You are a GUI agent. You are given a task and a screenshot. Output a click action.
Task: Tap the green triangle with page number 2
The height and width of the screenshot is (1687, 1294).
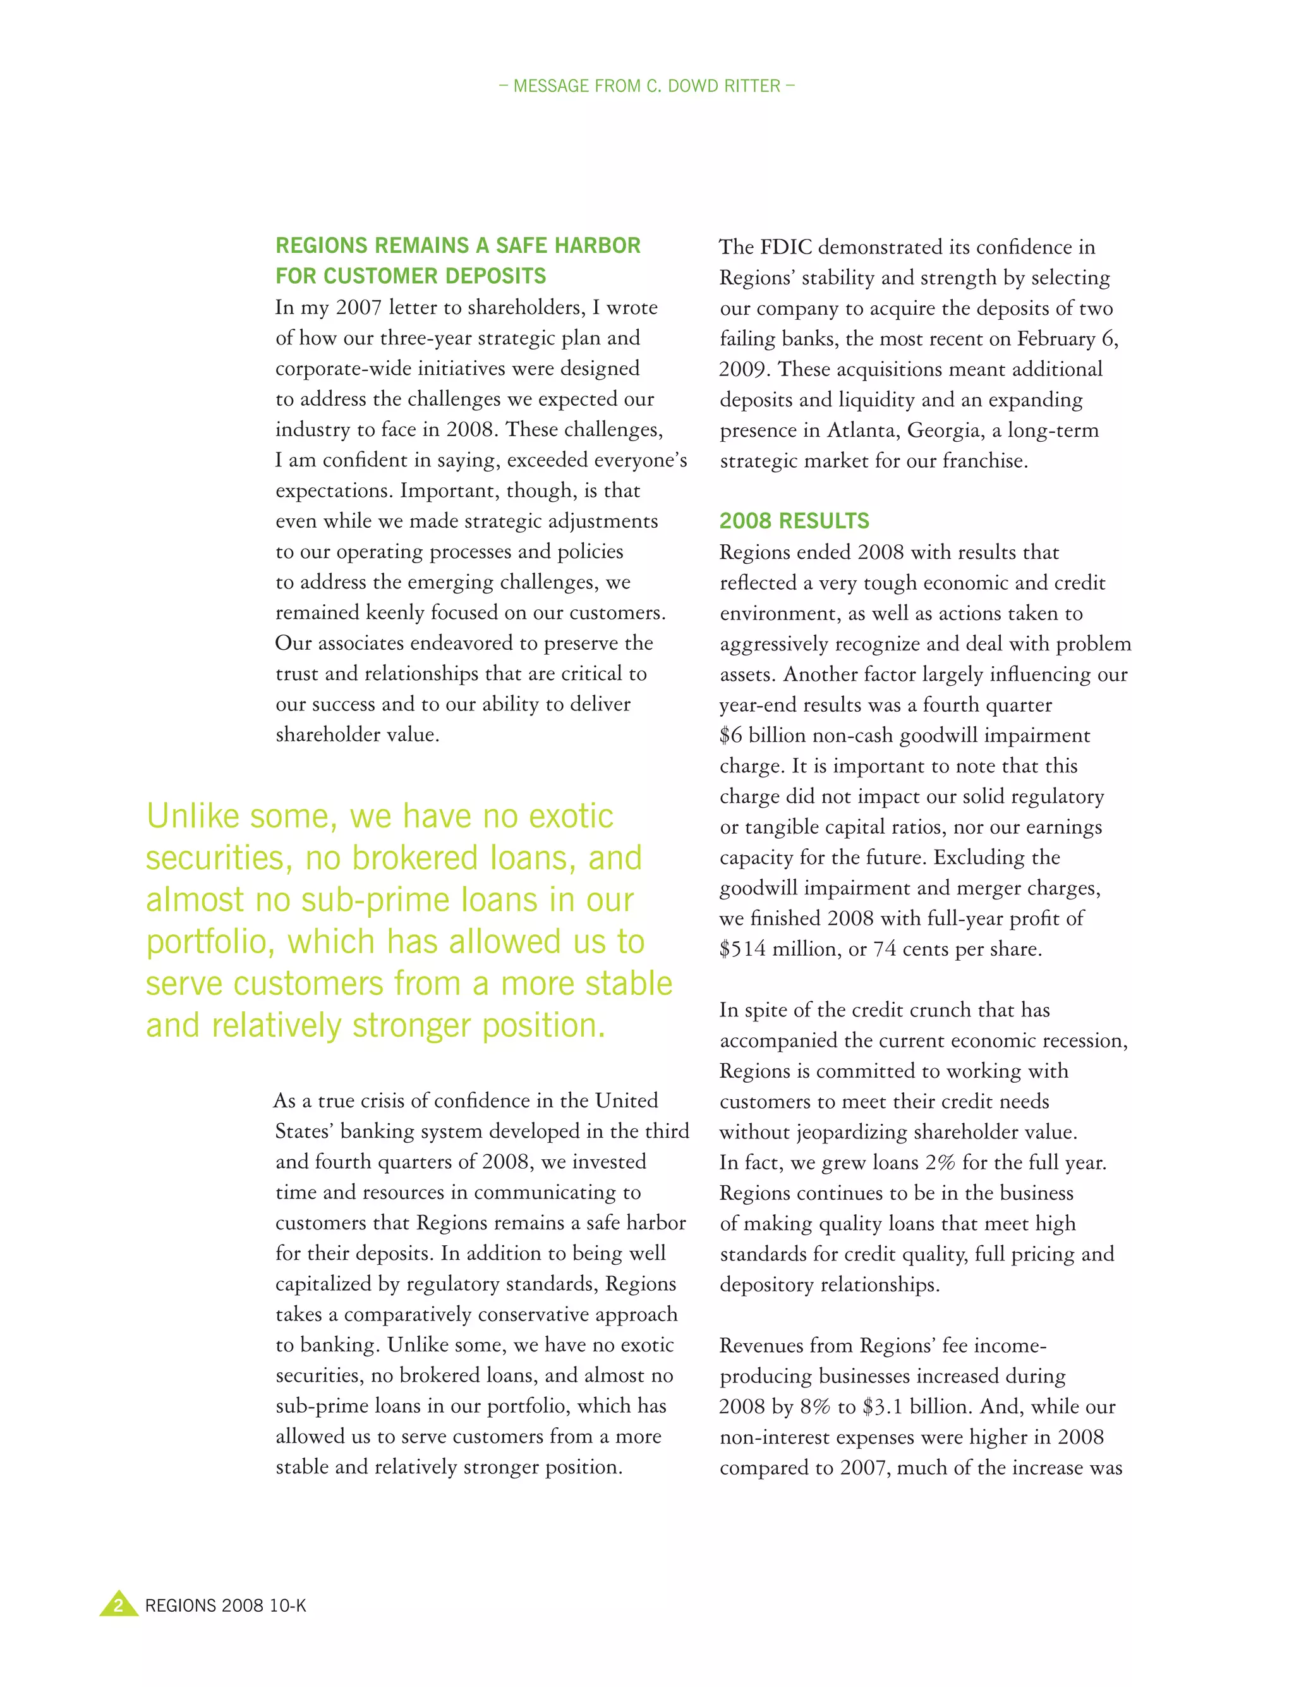coord(119,1605)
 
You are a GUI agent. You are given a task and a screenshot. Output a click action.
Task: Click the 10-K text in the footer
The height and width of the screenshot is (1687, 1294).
coord(288,1605)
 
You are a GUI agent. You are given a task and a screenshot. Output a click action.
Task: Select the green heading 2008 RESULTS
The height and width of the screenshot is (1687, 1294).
coord(794,521)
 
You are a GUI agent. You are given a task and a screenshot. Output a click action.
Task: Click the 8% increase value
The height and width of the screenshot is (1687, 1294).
coord(815,1406)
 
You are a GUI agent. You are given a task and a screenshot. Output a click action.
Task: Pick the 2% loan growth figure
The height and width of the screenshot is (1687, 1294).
coord(940,1162)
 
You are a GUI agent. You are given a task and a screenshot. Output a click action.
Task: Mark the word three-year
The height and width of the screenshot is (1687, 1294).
coord(426,338)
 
